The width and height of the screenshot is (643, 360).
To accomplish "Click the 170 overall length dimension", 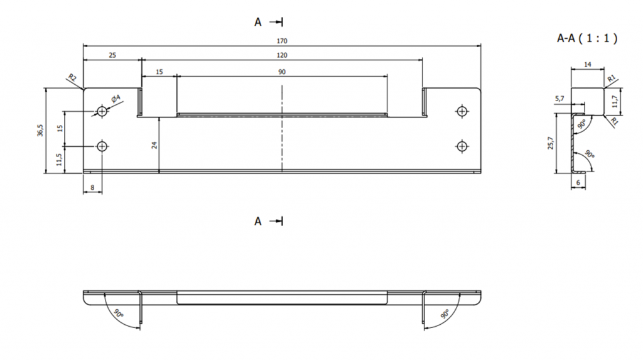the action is [x=282, y=41].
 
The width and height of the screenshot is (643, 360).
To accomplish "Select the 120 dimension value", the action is [x=282, y=55].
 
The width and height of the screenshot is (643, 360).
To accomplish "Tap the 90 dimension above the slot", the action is [x=282, y=72].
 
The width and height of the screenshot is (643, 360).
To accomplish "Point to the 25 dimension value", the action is [x=112, y=55].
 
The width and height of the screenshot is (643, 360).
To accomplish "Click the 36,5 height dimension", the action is [x=40, y=130].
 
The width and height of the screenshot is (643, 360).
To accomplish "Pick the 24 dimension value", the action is [x=154, y=145].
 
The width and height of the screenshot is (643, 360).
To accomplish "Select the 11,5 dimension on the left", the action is [x=59, y=160].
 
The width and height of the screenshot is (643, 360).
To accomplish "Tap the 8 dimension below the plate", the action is [x=93, y=188].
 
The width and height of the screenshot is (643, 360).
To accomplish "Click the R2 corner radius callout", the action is [x=72, y=77].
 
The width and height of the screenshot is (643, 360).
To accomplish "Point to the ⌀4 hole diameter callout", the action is [x=116, y=98].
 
